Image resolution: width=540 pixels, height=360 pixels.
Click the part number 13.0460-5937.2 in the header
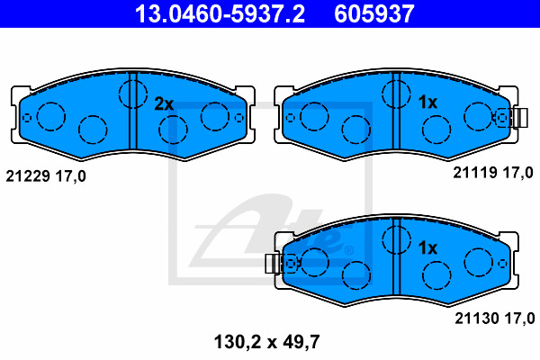point(220,13)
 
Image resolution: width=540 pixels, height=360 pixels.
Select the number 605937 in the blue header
point(374,13)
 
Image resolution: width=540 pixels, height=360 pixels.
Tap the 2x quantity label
point(164,103)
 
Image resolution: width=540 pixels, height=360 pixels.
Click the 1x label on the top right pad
point(427,102)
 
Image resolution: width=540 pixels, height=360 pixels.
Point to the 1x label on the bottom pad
point(427,247)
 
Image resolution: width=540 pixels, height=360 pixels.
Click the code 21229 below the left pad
point(28,176)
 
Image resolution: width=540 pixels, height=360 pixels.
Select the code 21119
point(475,172)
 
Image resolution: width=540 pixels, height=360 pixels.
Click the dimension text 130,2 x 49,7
point(267,342)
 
